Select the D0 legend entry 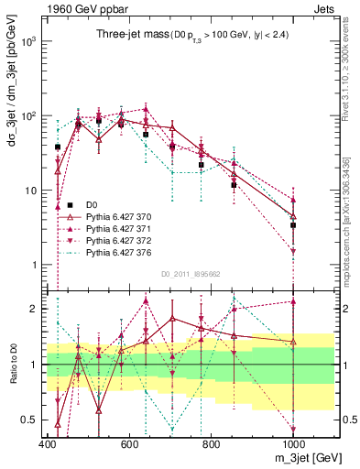point(92,202)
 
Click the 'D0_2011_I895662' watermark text point(190,273)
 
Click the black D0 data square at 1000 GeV point(293,224)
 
